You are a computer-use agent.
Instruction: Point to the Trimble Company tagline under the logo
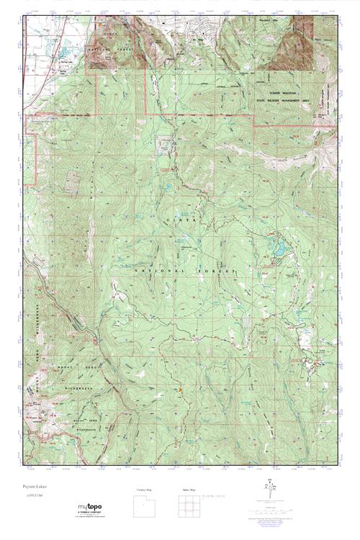(x=91, y=514)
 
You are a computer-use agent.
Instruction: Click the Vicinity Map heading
(x=144, y=490)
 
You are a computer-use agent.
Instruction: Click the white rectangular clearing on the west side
(x=72, y=182)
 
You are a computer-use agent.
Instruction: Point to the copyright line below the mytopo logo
(x=91, y=518)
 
